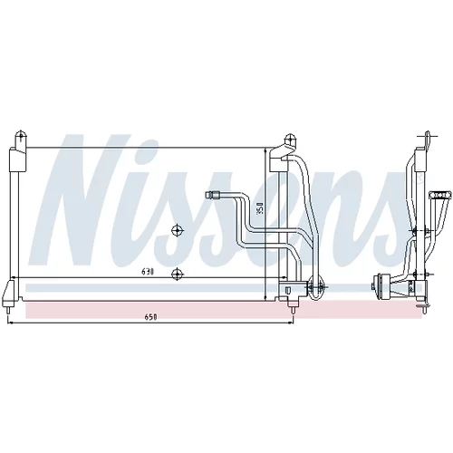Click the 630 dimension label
pos(148,272)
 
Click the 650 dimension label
pos(150,317)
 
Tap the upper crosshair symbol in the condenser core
pos(178,231)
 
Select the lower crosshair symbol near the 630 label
pos(178,275)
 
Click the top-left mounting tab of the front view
pos(21,139)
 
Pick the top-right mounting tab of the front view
pos(290,140)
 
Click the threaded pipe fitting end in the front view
pos(211,195)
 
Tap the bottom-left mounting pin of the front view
pos(10,311)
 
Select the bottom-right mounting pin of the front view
pos(292,311)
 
